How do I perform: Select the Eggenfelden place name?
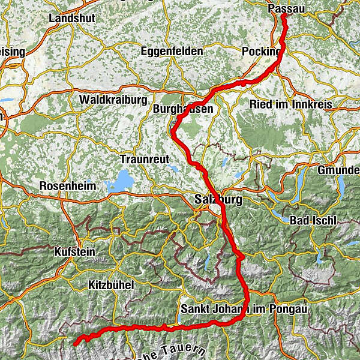click(x=172, y=52)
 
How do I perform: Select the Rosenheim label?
click(x=68, y=186)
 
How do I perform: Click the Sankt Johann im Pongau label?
click(x=243, y=310)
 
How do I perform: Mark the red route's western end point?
click(x=75, y=344)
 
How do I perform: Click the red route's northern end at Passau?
click(x=283, y=16)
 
